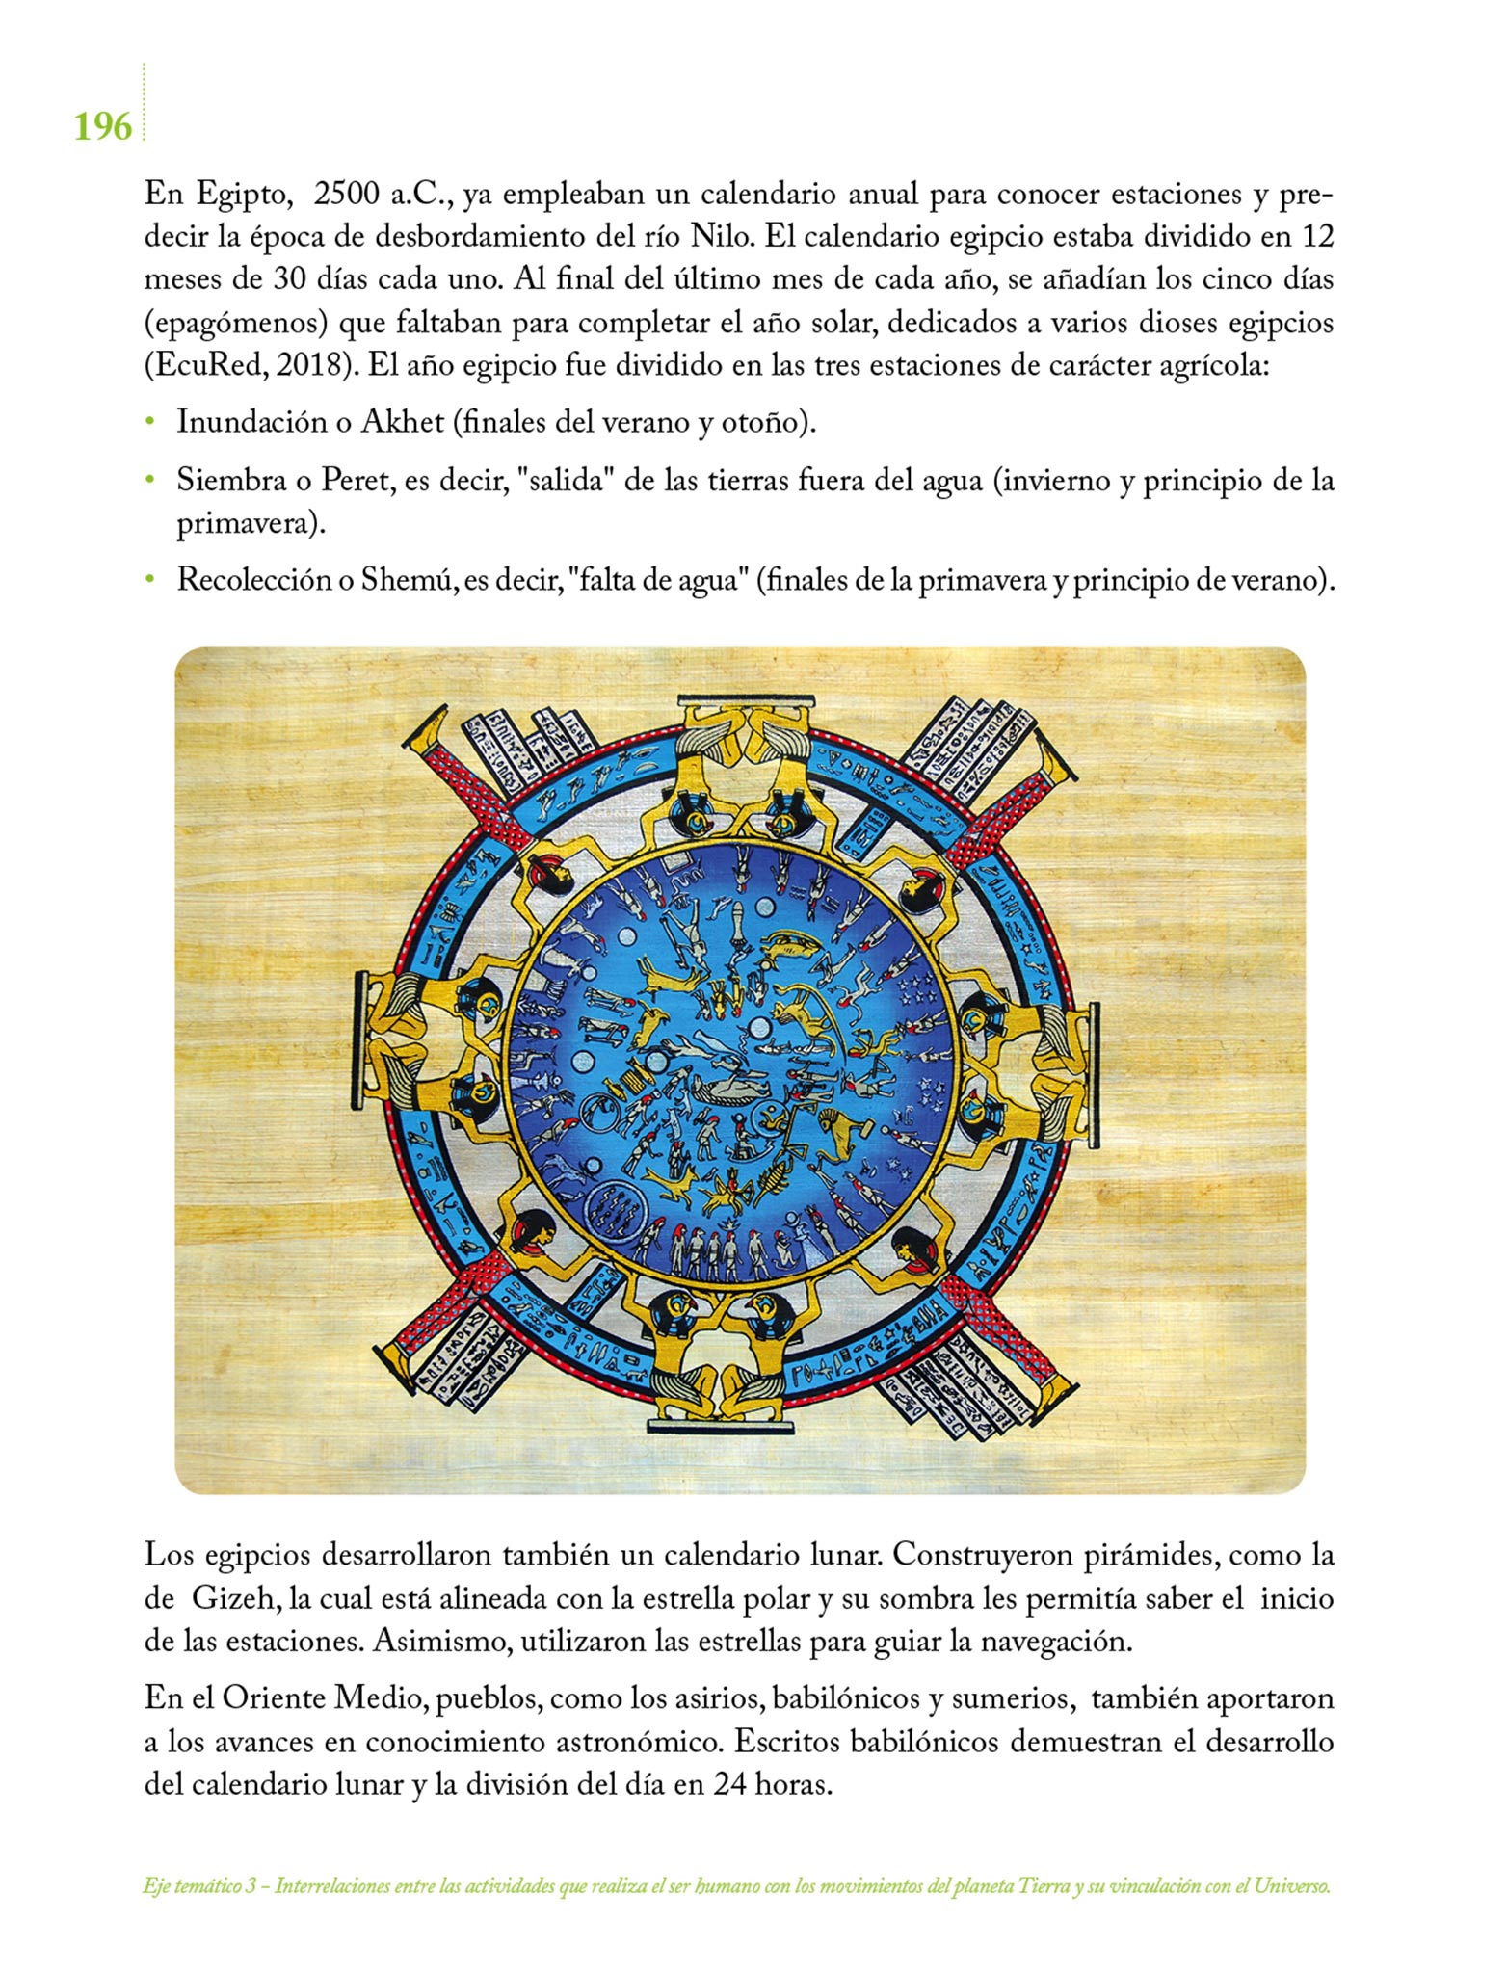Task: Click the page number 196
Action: [103, 126]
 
